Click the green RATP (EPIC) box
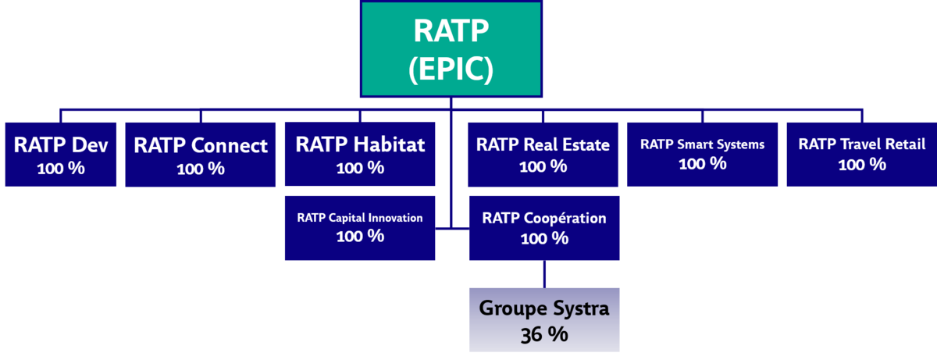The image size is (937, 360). click(x=451, y=49)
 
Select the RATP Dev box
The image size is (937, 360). click(x=61, y=155)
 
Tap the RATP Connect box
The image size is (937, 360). click(x=201, y=155)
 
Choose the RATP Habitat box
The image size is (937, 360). click(x=360, y=154)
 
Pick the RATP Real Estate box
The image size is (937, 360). click(x=543, y=155)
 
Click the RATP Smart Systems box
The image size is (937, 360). click(x=702, y=155)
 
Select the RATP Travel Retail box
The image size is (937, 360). click(x=862, y=155)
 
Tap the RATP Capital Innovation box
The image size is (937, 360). click(x=360, y=228)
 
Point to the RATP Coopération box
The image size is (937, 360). click(x=544, y=228)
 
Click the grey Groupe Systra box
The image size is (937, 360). click(x=544, y=320)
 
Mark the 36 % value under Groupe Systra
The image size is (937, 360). click(x=544, y=334)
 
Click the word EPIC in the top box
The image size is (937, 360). click(x=451, y=69)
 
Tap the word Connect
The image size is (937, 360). click(x=230, y=145)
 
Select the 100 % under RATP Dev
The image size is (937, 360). click(x=61, y=169)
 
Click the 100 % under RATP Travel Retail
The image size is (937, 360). click(x=862, y=165)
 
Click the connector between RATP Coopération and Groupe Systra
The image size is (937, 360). click(x=544, y=274)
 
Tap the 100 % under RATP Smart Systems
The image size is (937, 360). click(x=702, y=163)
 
